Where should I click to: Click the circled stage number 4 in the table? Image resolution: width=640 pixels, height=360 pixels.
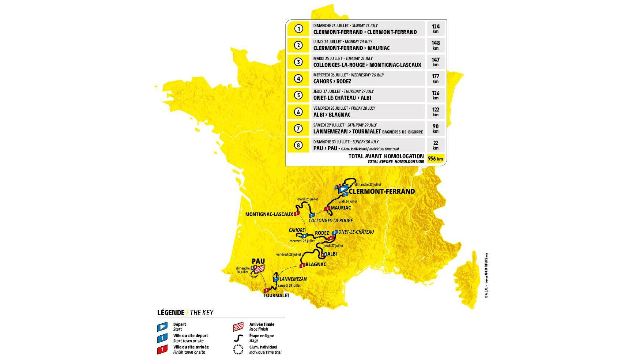[x=298, y=79]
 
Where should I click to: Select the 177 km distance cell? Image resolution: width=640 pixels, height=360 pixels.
[x=435, y=79]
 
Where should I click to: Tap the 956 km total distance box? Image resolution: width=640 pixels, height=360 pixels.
[x=435, y=159]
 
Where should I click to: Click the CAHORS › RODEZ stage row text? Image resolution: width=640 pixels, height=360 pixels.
[x=332, y=81]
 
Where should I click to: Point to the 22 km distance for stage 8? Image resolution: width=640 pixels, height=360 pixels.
[x=435, y=145]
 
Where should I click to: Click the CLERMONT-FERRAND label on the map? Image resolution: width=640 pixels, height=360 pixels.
[x=382, y=191]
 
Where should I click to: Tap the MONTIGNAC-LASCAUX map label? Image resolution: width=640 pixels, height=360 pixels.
[x=269, y=214]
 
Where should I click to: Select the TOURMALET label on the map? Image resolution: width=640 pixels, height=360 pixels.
[x=276, y=295]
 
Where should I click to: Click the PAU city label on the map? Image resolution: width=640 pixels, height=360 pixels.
[x=258, y=261]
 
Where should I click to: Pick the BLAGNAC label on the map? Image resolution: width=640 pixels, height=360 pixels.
[x=316, y=264]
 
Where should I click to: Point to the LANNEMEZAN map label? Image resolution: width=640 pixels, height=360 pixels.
[x=293, y=279]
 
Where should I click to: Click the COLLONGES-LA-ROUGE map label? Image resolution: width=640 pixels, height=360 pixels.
[x=331, y=220]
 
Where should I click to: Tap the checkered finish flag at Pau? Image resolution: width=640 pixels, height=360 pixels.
[x=259, y=269]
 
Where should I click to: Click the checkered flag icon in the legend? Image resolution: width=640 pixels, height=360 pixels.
[x=238, y=327]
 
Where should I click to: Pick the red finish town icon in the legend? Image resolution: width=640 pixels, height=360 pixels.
[x=162, y=350]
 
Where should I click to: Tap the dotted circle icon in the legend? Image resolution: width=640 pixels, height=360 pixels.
[x=238, y=349]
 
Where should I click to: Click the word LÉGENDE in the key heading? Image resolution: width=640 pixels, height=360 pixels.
[x=171, y=313]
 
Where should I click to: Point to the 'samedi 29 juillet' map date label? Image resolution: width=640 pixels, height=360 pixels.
[x=289, y=285]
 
